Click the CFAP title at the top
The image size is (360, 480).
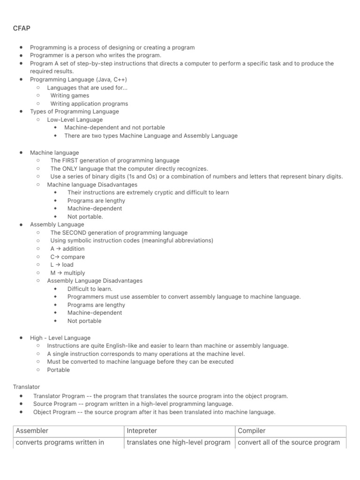click(21, 28)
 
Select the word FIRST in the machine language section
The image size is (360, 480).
click(71, 160)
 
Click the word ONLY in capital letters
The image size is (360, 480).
click(71, 168)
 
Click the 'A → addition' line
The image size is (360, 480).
click(67, 248)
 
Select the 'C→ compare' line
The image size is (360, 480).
click(67, 257)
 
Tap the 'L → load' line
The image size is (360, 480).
click(62, 264)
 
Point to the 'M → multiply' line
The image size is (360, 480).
click(68, 273)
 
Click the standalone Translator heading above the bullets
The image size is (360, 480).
click(27, 387)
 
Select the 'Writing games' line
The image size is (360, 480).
click(70, 96)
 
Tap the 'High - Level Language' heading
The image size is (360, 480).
click(60, 337)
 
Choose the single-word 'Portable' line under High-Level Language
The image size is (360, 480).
click(59, 370)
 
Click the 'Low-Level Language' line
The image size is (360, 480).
click(75, 120)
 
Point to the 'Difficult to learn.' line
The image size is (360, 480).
click(90, 289)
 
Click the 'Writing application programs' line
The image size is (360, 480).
click(89, 104)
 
